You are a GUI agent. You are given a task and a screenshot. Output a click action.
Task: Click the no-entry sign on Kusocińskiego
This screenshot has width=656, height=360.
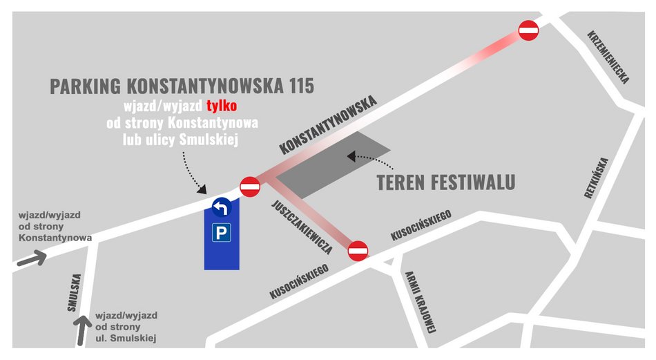tap(358, 251)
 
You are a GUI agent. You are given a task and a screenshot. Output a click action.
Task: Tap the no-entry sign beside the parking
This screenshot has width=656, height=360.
tap(249, 186)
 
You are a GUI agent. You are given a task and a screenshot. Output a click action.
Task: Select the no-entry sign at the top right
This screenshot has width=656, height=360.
tap(528, 30)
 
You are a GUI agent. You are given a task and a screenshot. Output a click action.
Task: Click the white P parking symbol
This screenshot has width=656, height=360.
tap(221, 233)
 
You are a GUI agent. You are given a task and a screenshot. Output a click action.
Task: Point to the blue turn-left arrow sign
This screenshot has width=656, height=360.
tap(221, 207)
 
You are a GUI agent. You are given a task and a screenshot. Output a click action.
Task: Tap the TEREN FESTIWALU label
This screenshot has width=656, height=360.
tap(446, 183)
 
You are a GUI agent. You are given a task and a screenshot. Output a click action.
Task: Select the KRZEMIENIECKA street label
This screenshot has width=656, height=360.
tap(608, 56)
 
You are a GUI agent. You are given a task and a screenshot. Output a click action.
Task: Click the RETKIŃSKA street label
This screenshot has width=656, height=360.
tap(598, 178)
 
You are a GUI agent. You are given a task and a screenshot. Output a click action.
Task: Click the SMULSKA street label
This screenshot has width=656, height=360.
tap(75, 293)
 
